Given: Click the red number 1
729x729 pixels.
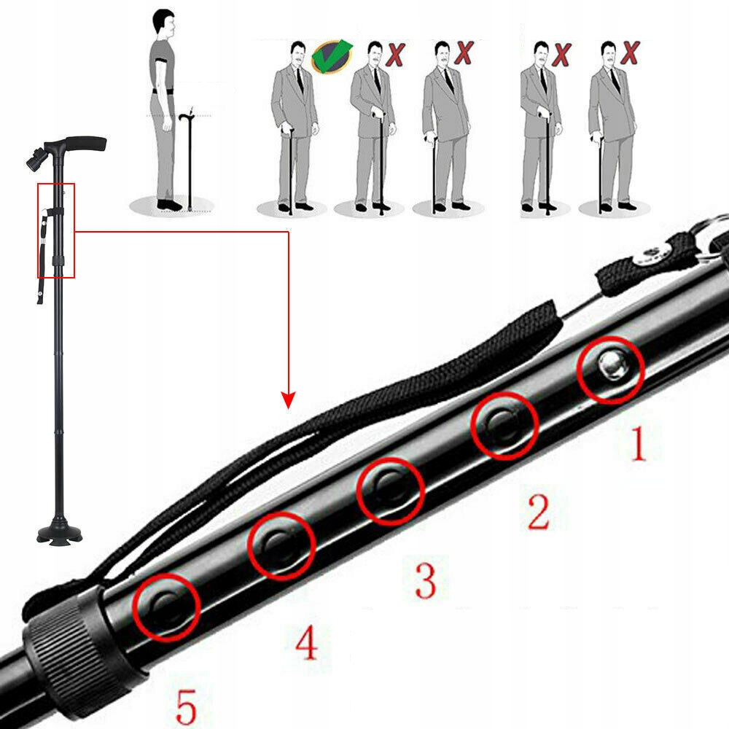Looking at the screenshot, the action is click(x=638, y=444).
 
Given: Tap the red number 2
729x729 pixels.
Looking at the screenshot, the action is click(x=539, y=512).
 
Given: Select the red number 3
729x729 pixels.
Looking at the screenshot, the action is click(x=426, y=580).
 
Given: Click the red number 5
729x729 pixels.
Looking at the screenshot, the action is click(x=187, y=706).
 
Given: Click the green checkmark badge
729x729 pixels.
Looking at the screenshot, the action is click(x=332, y=56).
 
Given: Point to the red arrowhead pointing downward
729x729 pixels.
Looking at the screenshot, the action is click(x=288, y=399).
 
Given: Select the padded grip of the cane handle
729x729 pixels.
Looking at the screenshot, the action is click(x=86, y=143).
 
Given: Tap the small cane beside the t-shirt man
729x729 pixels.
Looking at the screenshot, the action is click(x=190, y=160).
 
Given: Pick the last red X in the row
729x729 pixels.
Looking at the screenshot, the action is click(x=631, y=52).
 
